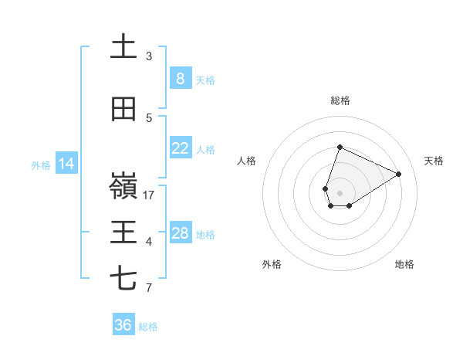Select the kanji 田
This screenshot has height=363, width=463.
pos(123,110)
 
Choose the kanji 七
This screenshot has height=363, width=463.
pos(123,279)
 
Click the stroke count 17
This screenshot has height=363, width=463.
pos(149,195)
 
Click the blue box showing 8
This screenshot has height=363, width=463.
pos(180,79)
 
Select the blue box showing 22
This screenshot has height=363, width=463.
pos(180,148)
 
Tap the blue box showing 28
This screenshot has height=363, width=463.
pos(180,233)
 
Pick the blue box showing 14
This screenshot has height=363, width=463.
pos(66,164)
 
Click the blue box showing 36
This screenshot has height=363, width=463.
pos(123,325)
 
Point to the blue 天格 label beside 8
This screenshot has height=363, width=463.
pos(205,80)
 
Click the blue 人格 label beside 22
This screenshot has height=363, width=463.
pos(205,149)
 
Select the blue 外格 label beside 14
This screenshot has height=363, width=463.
pos(41,165)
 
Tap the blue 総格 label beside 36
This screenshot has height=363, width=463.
pos(148,326)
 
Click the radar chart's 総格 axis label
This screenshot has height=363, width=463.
pos(340,100)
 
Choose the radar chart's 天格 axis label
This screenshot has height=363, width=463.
pos(434,161)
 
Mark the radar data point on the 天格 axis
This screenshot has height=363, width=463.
pos(398,174)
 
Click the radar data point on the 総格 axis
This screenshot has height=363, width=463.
pos(340,147)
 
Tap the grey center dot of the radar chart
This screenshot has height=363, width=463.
pos(340,192)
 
